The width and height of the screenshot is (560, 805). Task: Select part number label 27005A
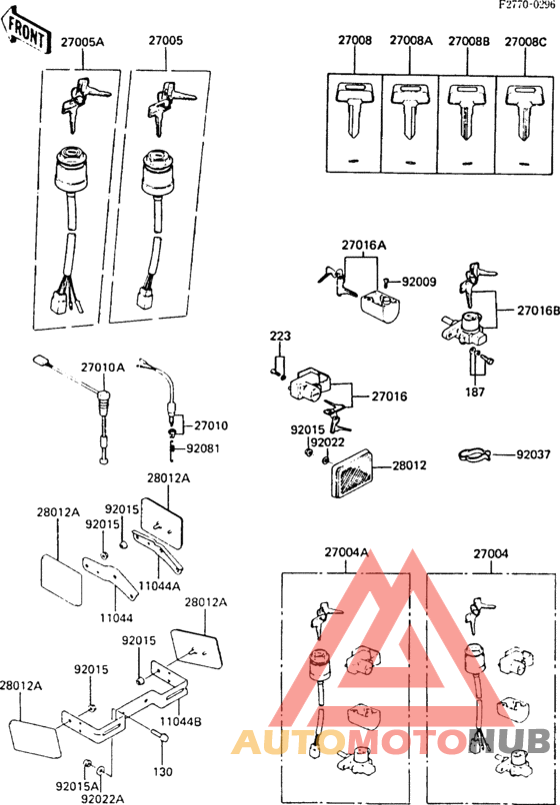(x=82, y=43)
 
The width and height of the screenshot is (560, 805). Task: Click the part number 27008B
(x=468, y=41)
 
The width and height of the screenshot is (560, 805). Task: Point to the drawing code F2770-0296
(x=528, y=6)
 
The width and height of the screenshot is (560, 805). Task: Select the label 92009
(x=419, y=283)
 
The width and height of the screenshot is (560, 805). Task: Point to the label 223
(x=279, y=337)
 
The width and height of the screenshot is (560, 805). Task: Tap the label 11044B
(x=182, y=721)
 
